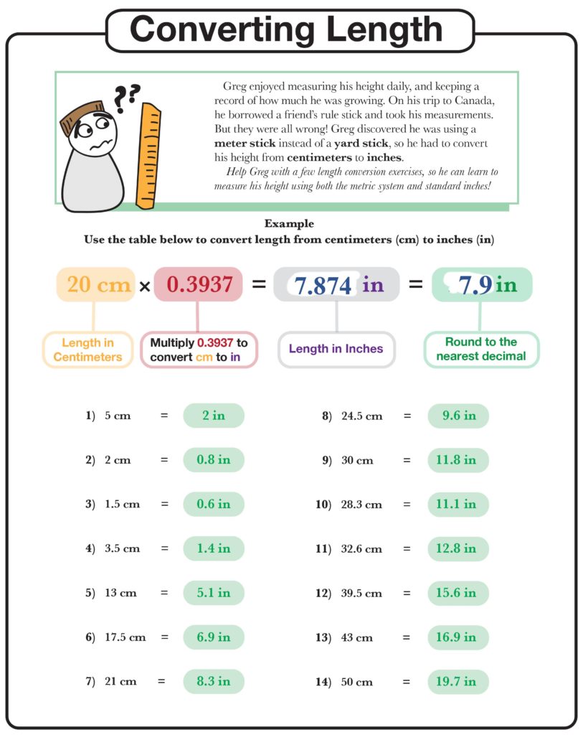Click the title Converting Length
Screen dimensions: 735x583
287,29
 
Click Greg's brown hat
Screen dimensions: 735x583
77,118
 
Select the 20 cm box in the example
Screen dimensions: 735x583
96,285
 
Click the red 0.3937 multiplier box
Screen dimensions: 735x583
199,285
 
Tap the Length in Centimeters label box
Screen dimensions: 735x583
88,350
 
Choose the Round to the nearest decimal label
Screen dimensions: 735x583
481,350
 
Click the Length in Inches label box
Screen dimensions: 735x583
336,350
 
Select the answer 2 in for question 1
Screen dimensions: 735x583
214,416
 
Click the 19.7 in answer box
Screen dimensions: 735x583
458,682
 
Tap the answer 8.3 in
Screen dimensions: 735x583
214,682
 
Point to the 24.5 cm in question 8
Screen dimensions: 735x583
362,416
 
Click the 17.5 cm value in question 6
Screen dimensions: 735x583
125,637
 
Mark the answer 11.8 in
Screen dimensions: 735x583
458,460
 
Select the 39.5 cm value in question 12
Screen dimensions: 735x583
362,594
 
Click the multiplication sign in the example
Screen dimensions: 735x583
144,286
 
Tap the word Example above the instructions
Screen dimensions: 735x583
289,224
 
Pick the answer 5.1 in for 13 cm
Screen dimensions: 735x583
214,593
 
